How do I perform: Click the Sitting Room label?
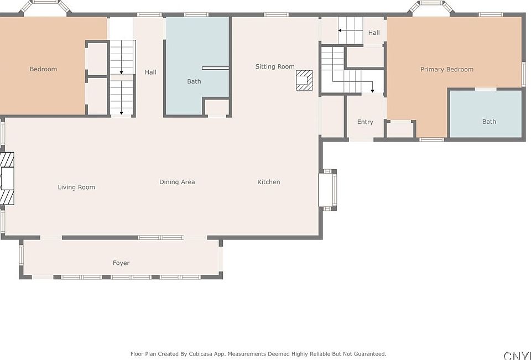tap(275, 67)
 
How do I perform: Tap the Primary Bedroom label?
tap(447, 70)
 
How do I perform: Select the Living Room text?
tap(76, 187)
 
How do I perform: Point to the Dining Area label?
tap(177, 182)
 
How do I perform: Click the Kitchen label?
tap(269, 182)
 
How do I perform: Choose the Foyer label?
tap(121, 263)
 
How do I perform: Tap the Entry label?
tap(365, 122)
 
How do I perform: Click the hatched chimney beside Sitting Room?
tap(304, 80)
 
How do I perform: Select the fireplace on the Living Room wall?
tap(7, 179)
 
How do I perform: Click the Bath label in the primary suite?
tap(489, 122)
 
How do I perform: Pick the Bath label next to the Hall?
tap(194, 81)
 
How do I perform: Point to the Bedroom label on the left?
tap(43, 69)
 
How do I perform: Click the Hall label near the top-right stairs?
tap(374, 33)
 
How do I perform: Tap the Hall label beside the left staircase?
tap(150, 72)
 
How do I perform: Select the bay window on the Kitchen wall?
tap(328, 190)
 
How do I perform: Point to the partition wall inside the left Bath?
tap(215, 68)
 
